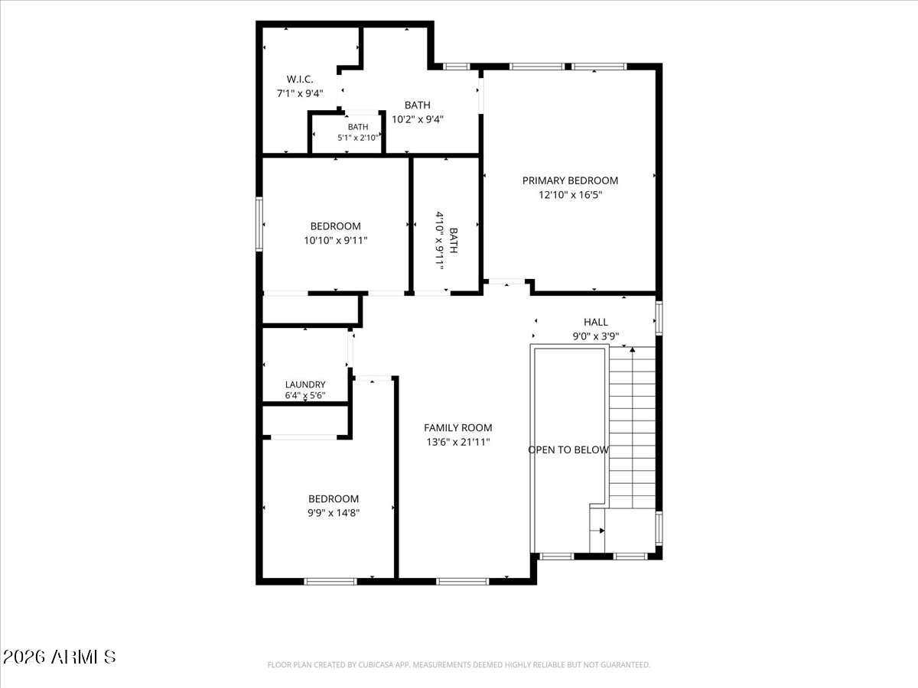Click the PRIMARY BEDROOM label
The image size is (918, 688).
(570, 180)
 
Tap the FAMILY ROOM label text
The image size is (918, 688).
(458, 428)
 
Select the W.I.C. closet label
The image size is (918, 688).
(300, 80)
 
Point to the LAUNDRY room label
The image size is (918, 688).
(305, 385)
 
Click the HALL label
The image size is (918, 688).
(596, 322)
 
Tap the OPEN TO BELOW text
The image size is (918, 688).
(568, 450)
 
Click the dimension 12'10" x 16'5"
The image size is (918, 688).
(571, 195)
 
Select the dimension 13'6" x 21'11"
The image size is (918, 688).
(458, 442)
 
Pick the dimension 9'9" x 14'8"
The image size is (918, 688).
(334, 512)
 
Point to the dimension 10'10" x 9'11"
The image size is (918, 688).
(335, 240)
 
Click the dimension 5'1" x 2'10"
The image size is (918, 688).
(358, 138)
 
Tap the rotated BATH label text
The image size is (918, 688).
(453, 240)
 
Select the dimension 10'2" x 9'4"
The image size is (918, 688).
(418, 119)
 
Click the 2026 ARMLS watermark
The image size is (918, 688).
(59, 657)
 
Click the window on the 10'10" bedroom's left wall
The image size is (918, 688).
(259, 224)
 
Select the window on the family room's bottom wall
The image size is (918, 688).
(462, 582)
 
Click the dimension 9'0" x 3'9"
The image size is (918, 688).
(595, 336)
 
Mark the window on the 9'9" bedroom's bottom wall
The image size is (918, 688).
(330, 582)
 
